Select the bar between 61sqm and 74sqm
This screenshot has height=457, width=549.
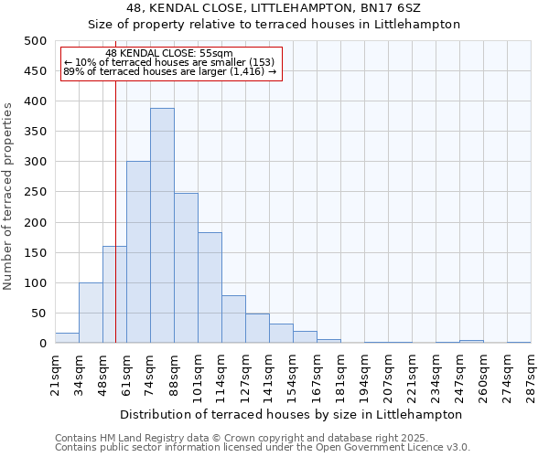coord(138,252)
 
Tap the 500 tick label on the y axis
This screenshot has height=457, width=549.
coord(36,41)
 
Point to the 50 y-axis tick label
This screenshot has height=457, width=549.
coord(39,314)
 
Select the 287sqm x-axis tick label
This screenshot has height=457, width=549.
coord(531,373)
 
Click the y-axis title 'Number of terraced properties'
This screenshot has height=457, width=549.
coord(9,196)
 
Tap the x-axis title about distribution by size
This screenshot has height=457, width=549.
coord(292,414)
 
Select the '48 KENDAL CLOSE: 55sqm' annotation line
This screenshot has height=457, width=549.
coord(169,53)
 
